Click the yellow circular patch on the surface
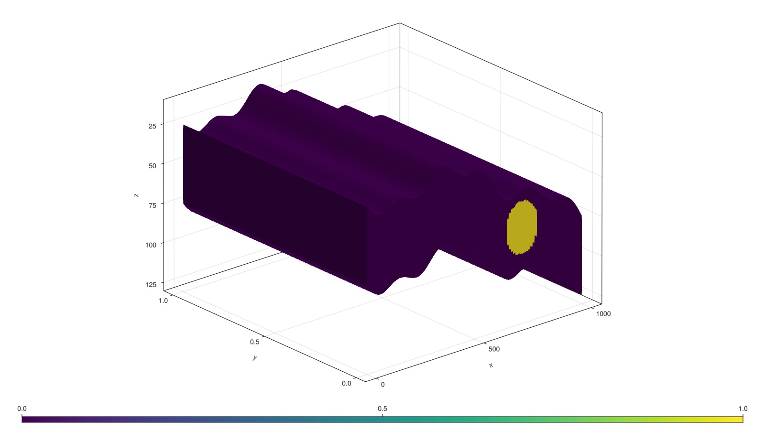522,227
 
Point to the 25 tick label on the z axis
153,126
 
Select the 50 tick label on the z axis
153,165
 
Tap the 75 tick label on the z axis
153,205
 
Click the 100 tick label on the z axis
151,245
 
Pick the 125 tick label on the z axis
151,284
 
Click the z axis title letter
136,195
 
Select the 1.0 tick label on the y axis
163,301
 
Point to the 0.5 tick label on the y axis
255,342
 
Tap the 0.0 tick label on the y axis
346,383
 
